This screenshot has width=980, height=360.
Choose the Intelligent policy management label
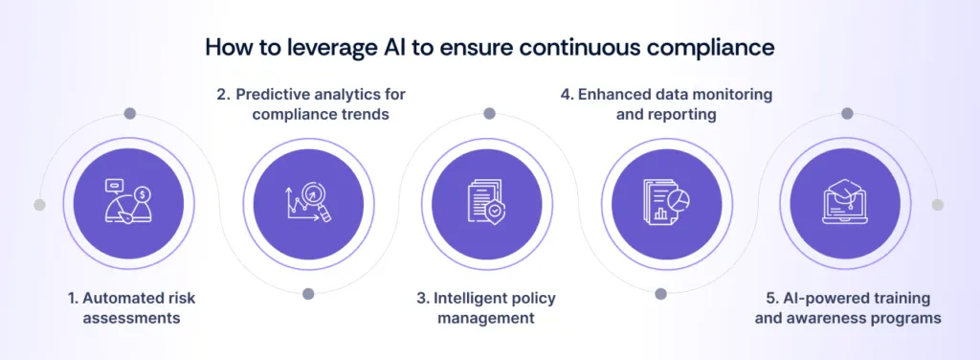coord(486,308)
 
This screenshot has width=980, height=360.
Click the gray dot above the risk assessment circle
coord(129,114)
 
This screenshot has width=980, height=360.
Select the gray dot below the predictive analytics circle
coord(308,294)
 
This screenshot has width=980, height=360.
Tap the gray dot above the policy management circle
coord(489,114)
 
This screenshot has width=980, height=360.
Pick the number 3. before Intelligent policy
coord(423,299)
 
